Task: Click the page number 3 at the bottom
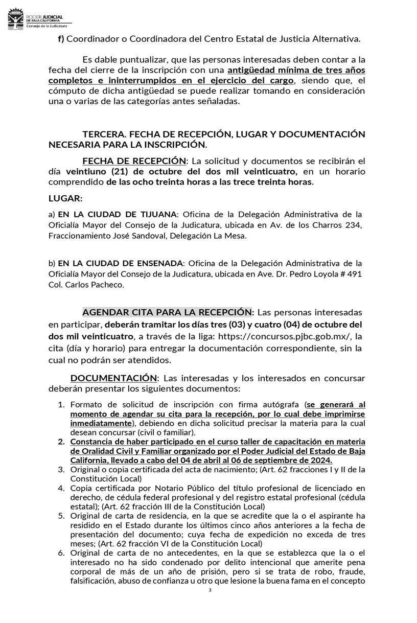tap(210, 591)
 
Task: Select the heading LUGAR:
tap(65, 198)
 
